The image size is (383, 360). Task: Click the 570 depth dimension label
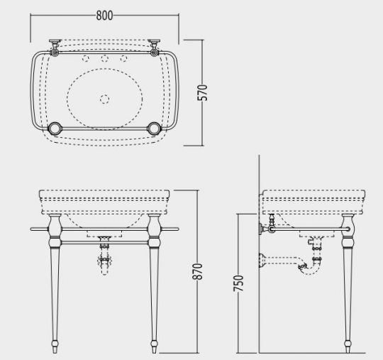coord(202,92)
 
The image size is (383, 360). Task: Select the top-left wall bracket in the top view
coord(54,47)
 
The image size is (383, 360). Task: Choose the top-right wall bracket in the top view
coord(155,47)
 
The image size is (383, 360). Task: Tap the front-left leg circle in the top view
coord(55,129)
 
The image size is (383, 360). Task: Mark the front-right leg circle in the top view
coord(154,129)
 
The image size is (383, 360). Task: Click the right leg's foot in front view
coord(155,347)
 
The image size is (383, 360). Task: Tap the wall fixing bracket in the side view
coord(270,229)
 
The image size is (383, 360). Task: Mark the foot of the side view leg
coord(348,347)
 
